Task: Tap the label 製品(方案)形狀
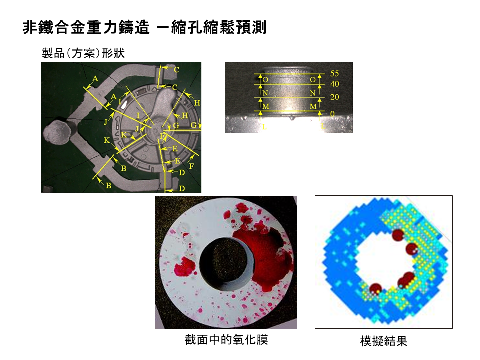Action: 86,53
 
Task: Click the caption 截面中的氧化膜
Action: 226,340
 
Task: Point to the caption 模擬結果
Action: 383,341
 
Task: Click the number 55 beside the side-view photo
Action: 334,74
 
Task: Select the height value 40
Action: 334,84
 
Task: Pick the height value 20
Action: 334,97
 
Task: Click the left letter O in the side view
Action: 265,80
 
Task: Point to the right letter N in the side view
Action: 313,93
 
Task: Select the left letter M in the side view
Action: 265,107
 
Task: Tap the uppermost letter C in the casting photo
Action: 176,70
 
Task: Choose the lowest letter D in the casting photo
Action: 181,188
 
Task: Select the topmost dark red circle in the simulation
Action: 398,235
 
